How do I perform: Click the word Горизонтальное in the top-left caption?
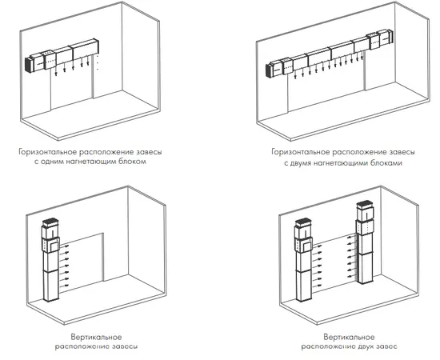point(48,152)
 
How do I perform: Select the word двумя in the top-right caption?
point(300,163)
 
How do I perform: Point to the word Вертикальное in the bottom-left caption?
point(96,337)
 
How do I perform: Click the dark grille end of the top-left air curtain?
point(28,65)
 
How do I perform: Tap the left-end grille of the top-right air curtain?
point(268,70)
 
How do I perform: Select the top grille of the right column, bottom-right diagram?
point(365,204)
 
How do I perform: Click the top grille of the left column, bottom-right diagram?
point(303,222)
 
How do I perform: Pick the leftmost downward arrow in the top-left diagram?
point(55,73)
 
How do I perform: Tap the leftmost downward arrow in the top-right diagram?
point(295,75)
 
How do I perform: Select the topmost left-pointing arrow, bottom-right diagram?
point(351,238)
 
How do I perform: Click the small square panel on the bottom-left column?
point(54,246)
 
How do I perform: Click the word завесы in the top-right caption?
point(401,152)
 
